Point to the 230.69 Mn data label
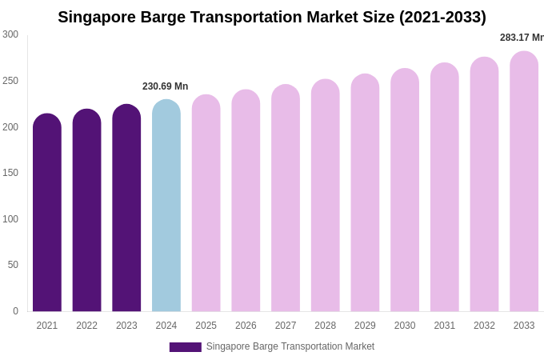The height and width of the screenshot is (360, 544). (165, 86)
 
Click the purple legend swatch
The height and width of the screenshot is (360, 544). (185, 346)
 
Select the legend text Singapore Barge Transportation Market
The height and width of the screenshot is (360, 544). (290, 346)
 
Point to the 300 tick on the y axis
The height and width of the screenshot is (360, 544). (10, 34)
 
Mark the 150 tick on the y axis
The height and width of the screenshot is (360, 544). (10, 173)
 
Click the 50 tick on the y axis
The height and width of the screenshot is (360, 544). (13, 265)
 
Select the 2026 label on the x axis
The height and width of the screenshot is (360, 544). (246, 326)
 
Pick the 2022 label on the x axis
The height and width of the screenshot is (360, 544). (86, 326)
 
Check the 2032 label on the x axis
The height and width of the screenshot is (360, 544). (484, 326)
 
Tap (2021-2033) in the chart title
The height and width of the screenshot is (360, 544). (442, 17)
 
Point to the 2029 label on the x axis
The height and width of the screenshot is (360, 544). (365, 326)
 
